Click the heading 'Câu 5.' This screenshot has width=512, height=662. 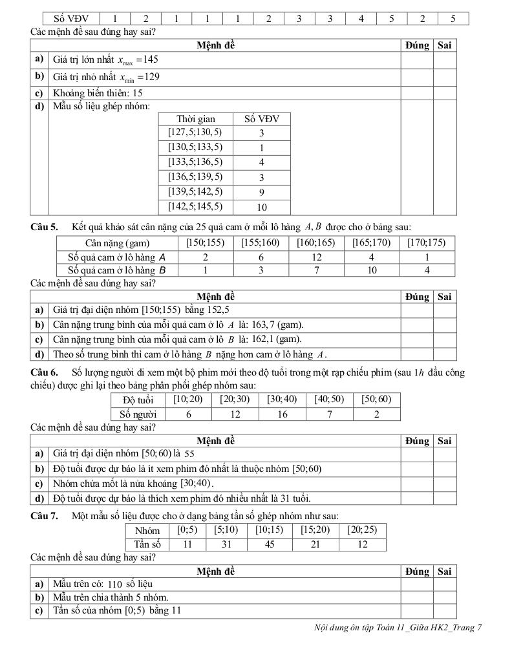(44, 227)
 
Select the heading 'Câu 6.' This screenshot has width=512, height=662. (44, 372)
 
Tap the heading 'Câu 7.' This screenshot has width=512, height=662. (44, 515)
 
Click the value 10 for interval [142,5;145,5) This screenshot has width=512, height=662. (262, 208)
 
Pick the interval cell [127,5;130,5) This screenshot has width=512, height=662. (195, 133)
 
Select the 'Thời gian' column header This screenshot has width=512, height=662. (195, 119)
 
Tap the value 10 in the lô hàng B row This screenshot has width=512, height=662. (372, 270)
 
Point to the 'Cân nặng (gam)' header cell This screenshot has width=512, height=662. (117, 243)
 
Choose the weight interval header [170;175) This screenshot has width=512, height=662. (427, 243)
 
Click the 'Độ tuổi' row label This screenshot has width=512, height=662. (137, 400)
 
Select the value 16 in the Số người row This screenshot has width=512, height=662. (283, 414)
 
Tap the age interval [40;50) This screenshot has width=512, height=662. (329, 400)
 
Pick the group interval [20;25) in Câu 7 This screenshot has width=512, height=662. (362, 530)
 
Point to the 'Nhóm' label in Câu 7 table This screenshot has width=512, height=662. (147, 531)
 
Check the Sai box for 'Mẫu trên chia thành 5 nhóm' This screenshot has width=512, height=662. (445, 597)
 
